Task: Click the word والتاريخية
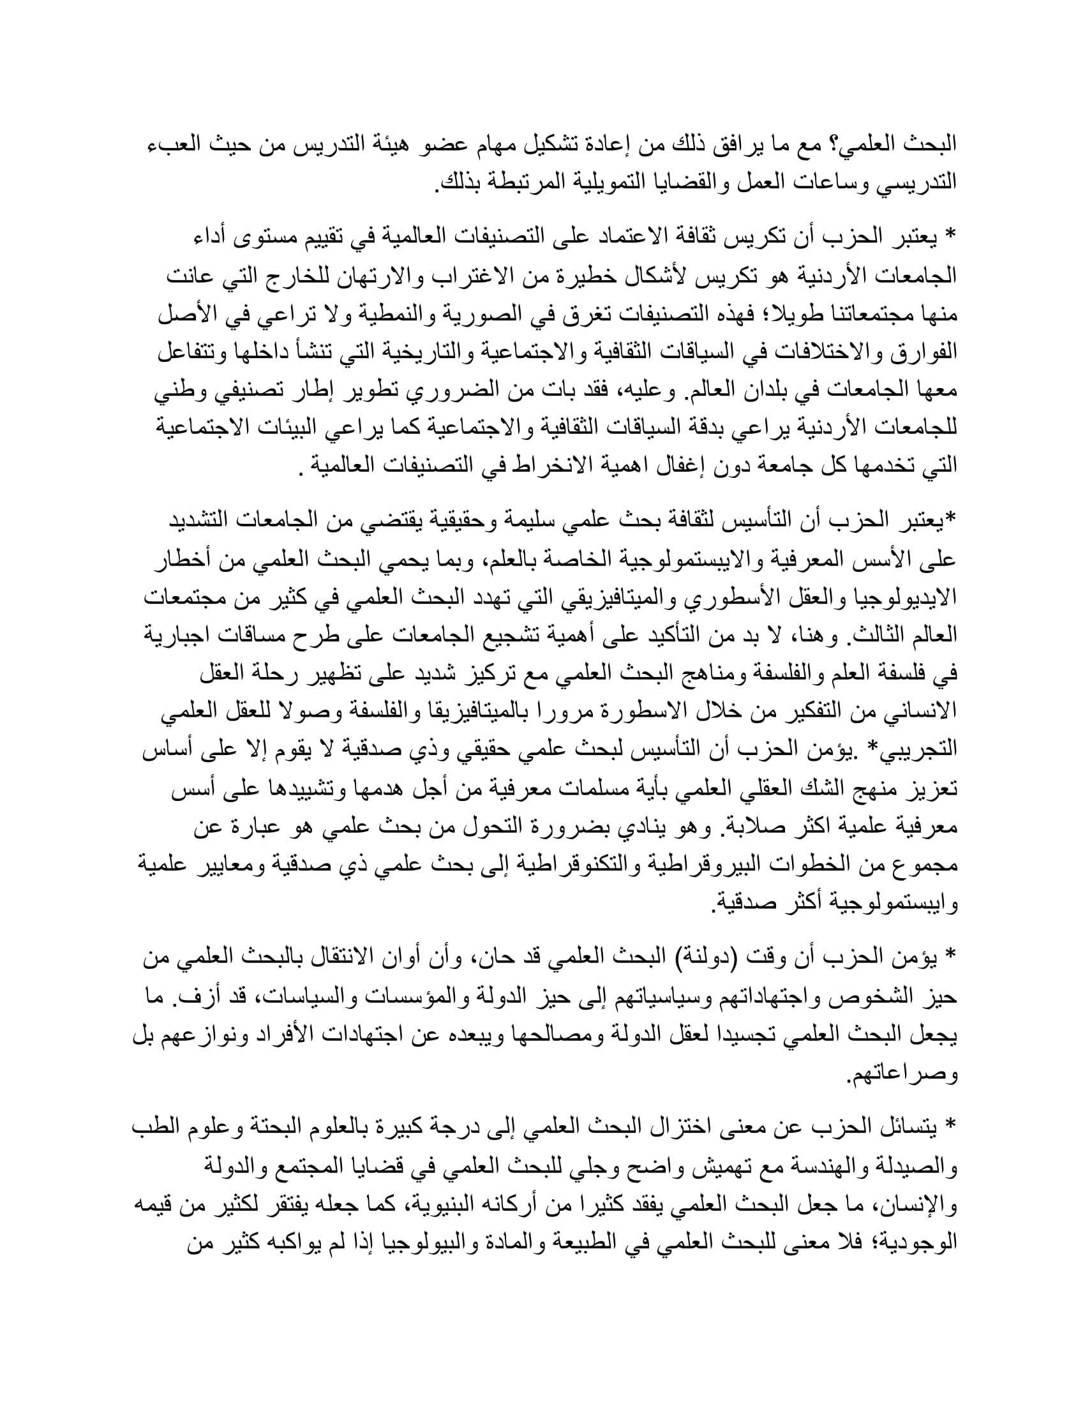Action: (496, 352)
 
